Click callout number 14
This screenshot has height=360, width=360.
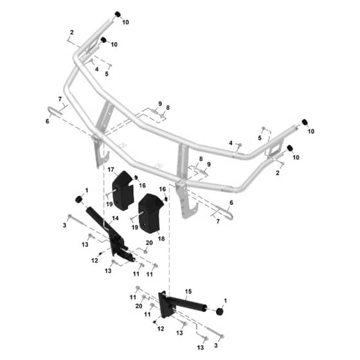(115, 218)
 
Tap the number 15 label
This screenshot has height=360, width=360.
(188, 291)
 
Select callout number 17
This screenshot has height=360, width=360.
(111, 170)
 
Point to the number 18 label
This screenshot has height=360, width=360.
(161, 239)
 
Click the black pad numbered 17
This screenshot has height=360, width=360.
(123, 190)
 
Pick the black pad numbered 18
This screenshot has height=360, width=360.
(150, 213)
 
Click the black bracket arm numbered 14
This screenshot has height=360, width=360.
(110, 234)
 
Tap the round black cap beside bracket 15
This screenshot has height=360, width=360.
(220, 312)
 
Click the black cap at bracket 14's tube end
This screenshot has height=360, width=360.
(79, 199)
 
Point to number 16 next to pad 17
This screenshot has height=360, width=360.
(142, 185)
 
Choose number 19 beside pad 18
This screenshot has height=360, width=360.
(135, 227)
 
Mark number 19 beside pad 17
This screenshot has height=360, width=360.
(109, 204)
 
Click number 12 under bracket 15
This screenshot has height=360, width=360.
(161, 328)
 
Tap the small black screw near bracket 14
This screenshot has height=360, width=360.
(100, 253)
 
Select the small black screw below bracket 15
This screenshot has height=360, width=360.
(155, 322)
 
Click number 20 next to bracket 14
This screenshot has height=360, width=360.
(149, 243)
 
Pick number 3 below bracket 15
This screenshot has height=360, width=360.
(216, 345)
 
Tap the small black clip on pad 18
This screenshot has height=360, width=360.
(166, 199)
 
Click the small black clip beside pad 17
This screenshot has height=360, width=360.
(136, 177)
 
